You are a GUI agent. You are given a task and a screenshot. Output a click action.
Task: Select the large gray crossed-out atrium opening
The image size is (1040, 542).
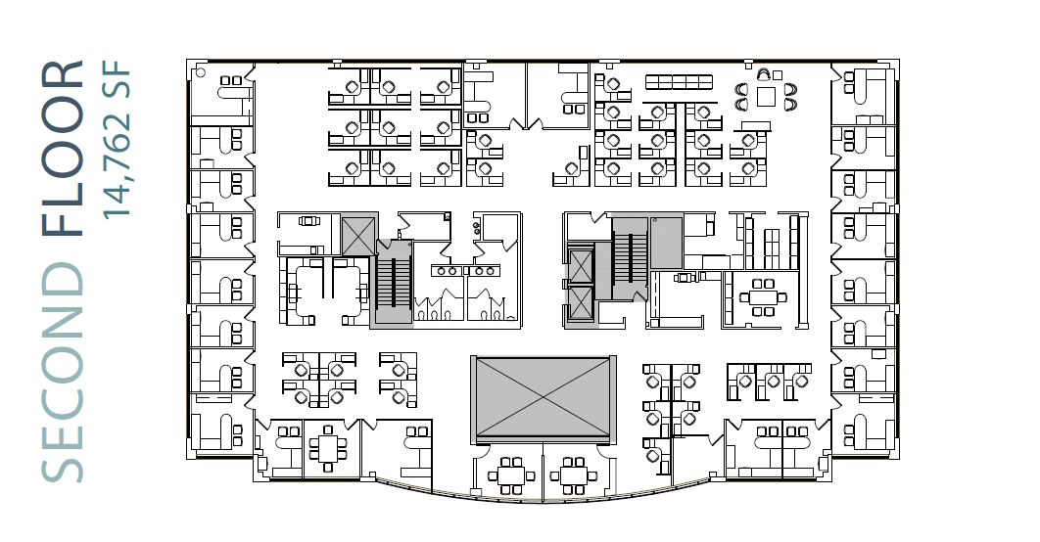541,397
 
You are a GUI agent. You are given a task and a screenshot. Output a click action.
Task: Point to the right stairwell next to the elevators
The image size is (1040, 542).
626,258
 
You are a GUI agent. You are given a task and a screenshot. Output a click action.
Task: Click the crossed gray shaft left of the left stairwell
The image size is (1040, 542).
356,235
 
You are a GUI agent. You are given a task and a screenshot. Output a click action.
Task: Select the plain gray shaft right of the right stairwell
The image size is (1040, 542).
667,243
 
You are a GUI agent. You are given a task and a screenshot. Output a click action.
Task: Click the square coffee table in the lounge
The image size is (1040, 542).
765,96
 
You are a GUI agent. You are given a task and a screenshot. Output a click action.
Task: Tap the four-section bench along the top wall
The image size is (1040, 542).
678,82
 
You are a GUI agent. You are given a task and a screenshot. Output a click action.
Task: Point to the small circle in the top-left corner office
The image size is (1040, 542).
200,71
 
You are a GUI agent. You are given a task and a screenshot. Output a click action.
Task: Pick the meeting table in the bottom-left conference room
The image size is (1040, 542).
326,449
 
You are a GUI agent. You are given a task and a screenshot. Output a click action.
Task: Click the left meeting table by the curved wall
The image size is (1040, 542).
509,475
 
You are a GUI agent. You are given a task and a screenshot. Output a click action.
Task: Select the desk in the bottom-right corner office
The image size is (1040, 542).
863,430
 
